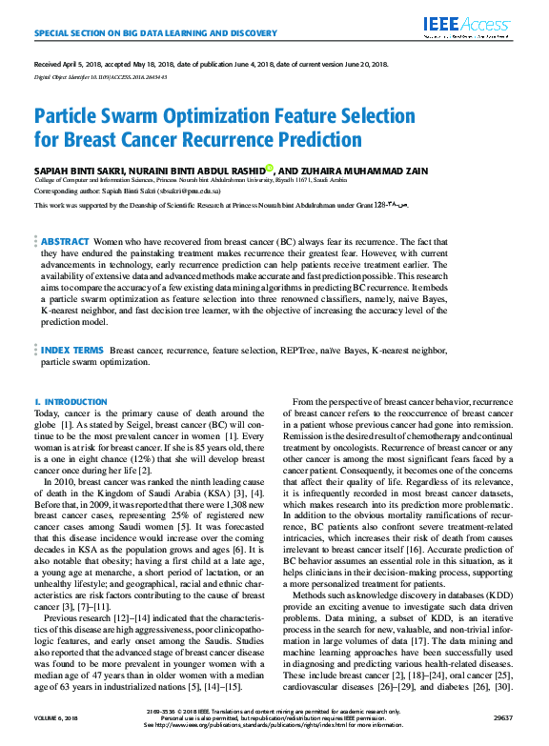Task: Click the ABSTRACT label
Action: point(65,243)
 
